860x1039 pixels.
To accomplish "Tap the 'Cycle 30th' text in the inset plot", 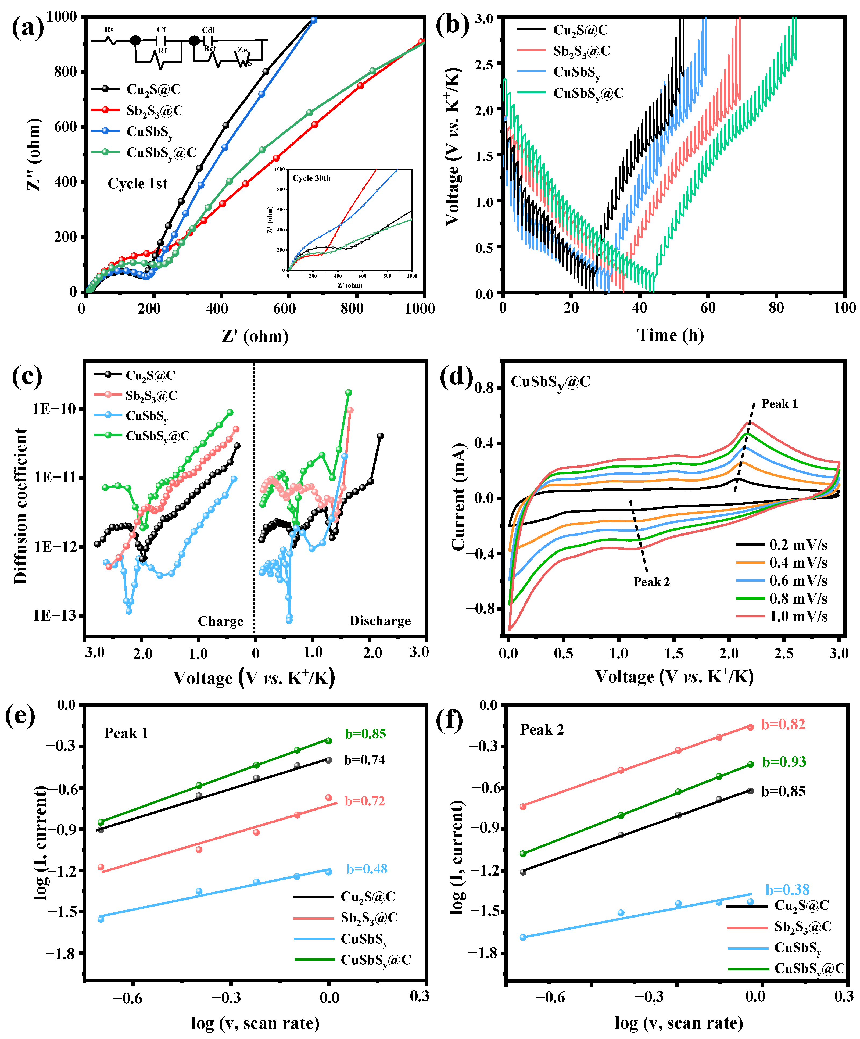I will (312, 178).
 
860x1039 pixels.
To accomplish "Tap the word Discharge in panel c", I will (380, 621).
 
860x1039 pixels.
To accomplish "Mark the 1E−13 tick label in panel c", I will (55, 615).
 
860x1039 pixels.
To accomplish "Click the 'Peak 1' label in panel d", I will (779, 404).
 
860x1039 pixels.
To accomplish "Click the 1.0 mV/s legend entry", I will (798, 617).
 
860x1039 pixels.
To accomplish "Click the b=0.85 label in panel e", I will (365, 734).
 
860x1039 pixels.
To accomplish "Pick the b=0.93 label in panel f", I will (784, 762).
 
